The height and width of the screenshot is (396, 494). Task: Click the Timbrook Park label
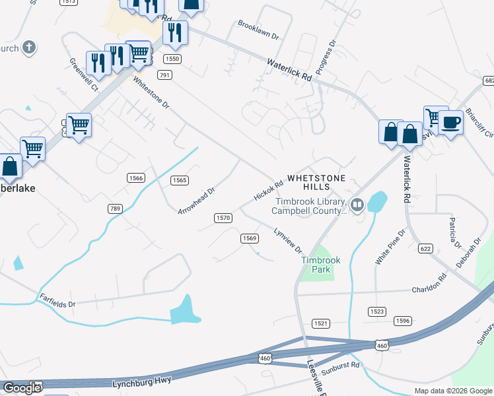tap(321, 265)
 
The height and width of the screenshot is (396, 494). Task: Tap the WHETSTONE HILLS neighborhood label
tap(316, 183)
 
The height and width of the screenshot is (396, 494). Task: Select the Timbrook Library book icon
tap(357, 205)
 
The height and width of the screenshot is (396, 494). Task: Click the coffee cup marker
tap(452, 122)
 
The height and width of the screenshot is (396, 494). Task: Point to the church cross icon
tap(28, 48)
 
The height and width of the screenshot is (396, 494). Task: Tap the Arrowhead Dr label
tap(197, 201)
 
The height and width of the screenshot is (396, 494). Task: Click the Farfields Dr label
tap(57, 300)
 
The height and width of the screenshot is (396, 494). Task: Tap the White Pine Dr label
tap(390, 247)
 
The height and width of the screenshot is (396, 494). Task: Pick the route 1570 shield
tap(223, 218)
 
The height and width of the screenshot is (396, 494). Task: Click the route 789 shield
tap(115, 209)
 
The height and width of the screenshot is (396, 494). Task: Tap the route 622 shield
tap(425, 248)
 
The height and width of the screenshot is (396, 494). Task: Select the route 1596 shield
tap(402, 321)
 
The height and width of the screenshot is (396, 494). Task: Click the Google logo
tap(22, 388)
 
